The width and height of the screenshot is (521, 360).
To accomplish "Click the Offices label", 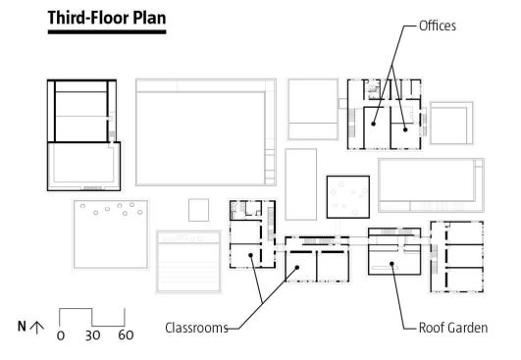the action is (x=438, y=26).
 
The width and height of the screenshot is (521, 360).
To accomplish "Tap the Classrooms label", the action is (x=196, y=328).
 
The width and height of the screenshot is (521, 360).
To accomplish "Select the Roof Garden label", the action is (x=453, y=328).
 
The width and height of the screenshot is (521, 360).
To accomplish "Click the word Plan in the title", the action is (x=149, y=18).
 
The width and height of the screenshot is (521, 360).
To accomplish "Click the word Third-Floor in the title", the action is (x=88, y=18).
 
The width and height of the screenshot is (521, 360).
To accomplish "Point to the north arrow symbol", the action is (x=37, y=327).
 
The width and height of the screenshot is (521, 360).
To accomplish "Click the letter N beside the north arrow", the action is (x=22, y=327).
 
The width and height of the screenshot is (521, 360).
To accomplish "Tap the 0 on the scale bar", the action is (x=61, y=335).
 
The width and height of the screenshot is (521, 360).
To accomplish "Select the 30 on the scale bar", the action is (x=92, y=335).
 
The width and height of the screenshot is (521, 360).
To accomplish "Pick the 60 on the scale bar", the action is (x=126, y=335).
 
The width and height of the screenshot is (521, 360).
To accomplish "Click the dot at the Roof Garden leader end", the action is (x=391, y=264).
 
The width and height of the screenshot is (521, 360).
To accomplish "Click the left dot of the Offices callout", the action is (x=373, y=124).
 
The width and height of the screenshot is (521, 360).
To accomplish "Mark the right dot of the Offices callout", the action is (x=405, y=129).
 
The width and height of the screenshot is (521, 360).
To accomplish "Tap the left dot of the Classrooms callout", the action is (x=250, y=255).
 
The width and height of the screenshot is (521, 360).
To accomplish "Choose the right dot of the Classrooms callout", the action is (x=297, y=268).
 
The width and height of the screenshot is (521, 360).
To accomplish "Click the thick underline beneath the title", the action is (x=107, y=32).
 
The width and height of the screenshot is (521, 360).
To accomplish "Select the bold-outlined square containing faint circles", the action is (x=327, y=197).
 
